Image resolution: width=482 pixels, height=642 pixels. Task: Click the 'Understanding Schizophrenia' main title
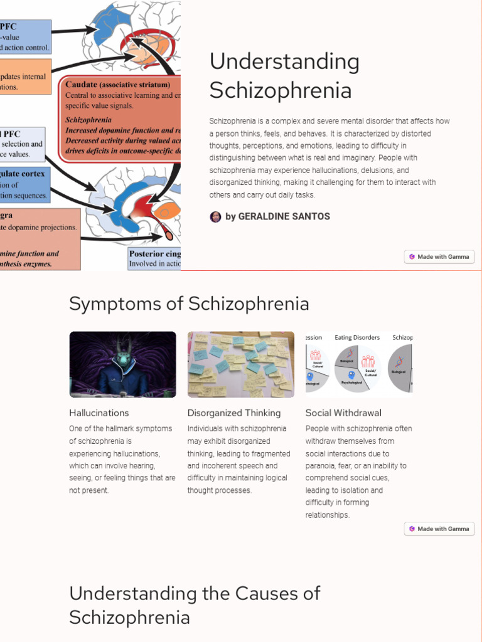pyautogui.click(x=284, y=76)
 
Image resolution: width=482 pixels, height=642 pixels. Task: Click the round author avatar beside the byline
pyautogui.click(x=215, y=217)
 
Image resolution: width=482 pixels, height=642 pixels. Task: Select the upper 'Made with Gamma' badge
pyautogui.click(x=439, y=256)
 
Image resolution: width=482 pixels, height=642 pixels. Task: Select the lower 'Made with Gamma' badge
pyautogui.click(x=439, y=529)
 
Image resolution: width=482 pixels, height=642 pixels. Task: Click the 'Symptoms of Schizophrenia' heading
pyautogui.click(x=189, y=304)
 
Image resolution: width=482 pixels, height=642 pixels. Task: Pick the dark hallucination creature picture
pyautogui.click(x=122, y=364)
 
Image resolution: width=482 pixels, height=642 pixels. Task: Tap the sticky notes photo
pyautogui.click(x=240, y=364)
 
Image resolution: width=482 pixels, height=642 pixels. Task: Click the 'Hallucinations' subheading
pyautogui.click(x=99, y=413)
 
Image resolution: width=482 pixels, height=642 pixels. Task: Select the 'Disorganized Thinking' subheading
pyautogui.click(x=233, y=413)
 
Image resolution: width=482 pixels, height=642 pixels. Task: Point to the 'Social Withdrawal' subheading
pyautogui.click(x=343, y=413)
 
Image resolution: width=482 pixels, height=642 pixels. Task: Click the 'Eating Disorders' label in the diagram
pyautogui.click(x=356, y=338)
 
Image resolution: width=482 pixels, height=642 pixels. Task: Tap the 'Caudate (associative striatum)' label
pyautogui.click(x=117, y=85)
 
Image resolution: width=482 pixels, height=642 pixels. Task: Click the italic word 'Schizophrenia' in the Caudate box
pyautogui.click(x=88, y=120)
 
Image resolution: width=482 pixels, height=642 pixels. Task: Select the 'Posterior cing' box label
pyautogui.click(x=154, y=254)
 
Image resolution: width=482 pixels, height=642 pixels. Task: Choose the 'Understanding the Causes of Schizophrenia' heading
pyautogui.click(x=195, y=605)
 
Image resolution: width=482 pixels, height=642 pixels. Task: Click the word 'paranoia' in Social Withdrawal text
pyautogui.click(x=322, y=466)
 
